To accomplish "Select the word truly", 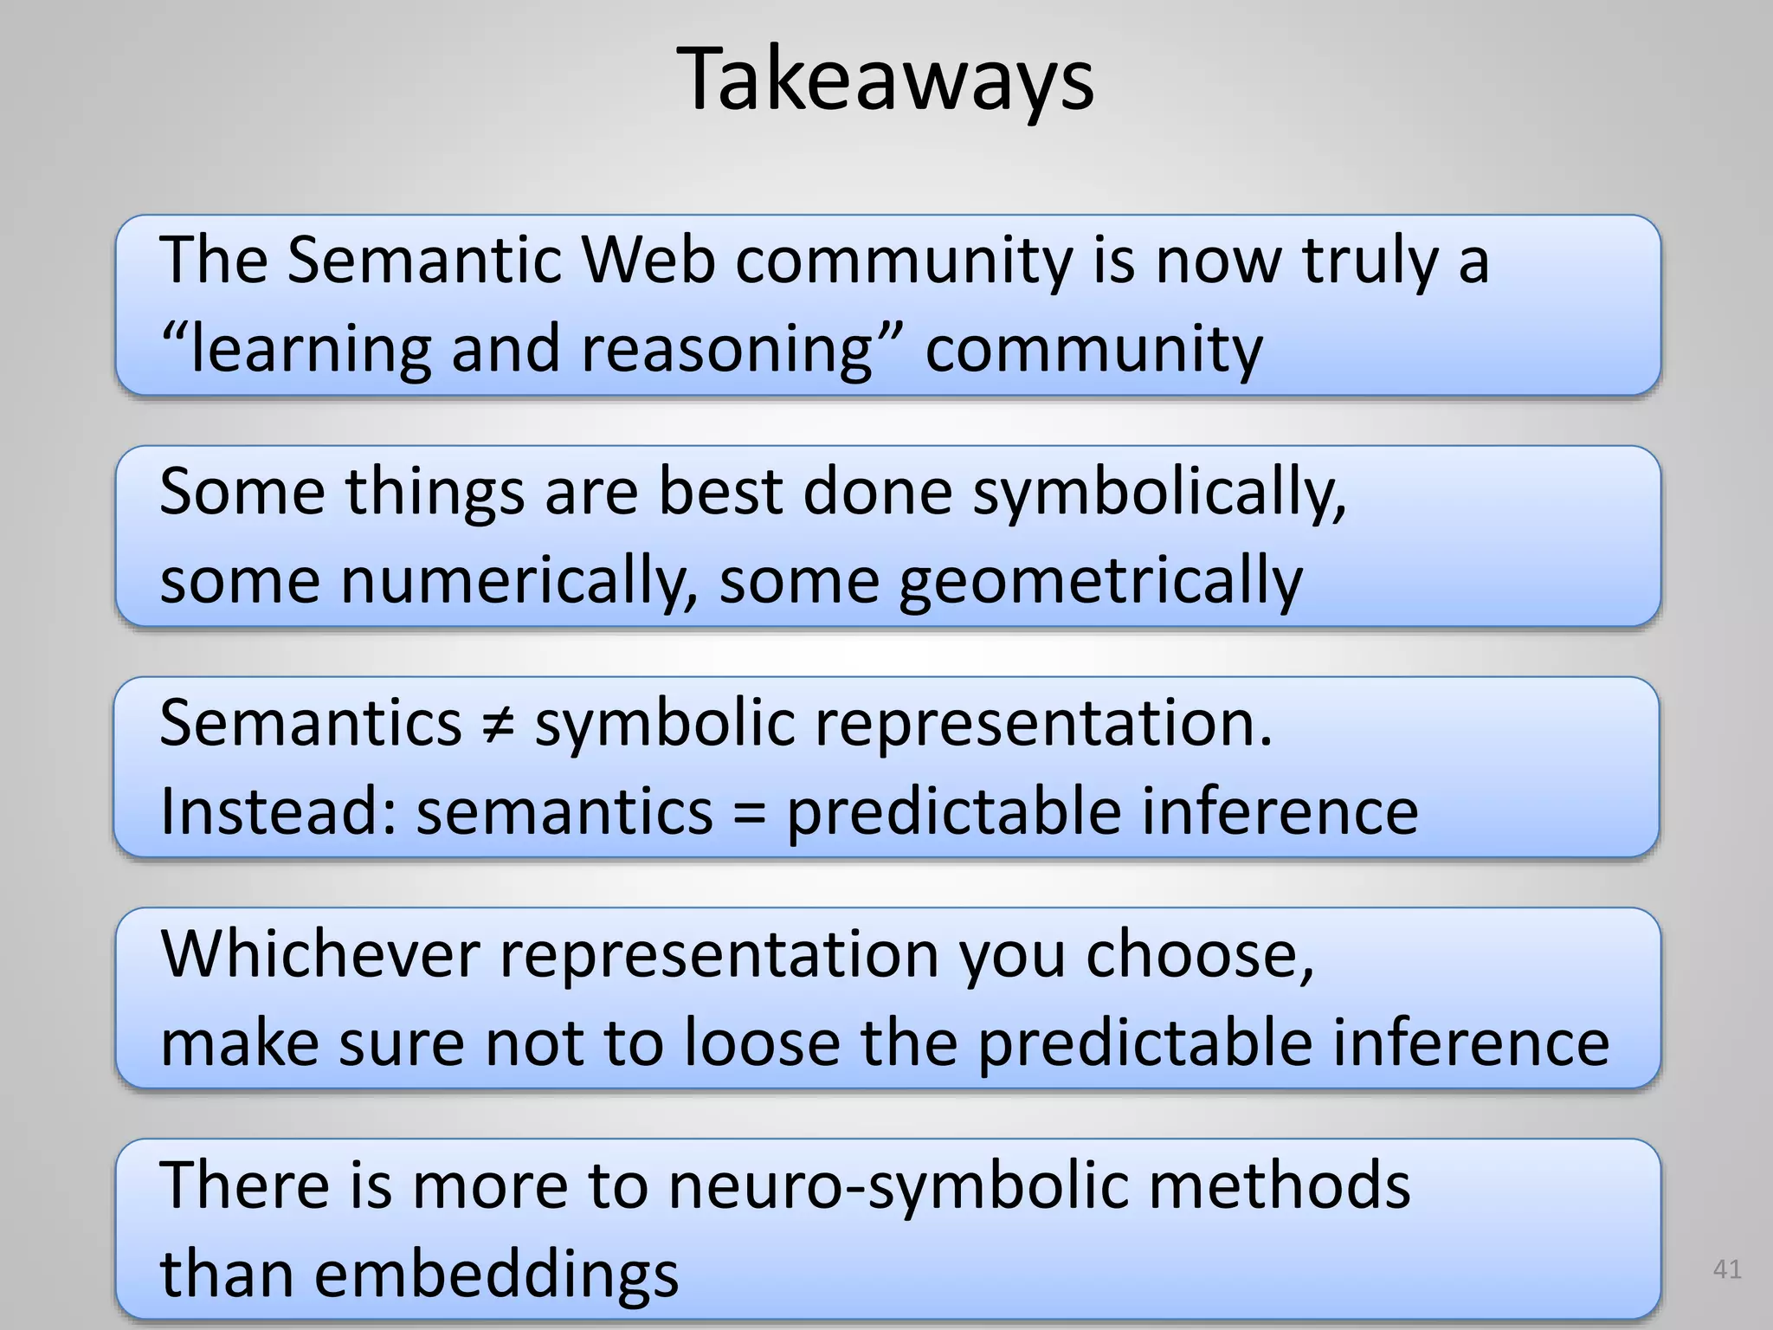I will click(1370, 261).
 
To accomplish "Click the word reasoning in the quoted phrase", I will click(726, 348).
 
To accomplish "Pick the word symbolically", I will click(1159, 492).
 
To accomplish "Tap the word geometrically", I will click(1099, 581).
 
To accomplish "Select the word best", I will click(720, 491).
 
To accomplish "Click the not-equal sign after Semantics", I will click(499, 723).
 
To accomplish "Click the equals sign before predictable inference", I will click(749, 812).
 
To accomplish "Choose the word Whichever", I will click(320, 954).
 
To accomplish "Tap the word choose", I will click(1200, 954).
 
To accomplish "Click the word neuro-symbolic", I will click(898, 1185).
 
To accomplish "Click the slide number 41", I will click(1727, 1269).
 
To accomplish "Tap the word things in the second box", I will click(435, 492).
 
